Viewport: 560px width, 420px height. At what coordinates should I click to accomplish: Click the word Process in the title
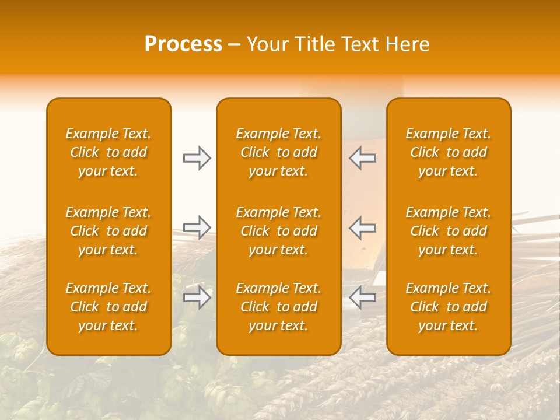(x=183, y=44)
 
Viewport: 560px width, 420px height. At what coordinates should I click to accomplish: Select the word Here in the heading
(x=407, y=44)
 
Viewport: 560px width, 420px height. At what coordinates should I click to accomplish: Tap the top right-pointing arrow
(x=197, y=158)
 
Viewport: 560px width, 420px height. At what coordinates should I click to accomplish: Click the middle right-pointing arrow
(x=197, y=227)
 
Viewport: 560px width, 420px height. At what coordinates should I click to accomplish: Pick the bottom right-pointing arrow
(x=197, y=297)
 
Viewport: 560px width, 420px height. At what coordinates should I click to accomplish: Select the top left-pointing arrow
(x=362, y=158)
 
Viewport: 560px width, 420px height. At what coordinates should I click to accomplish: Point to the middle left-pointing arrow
(x=362, y=227)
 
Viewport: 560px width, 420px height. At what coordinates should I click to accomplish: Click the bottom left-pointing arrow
(x=362, y=297)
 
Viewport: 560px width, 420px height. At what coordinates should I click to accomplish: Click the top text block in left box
(x=108, y=152)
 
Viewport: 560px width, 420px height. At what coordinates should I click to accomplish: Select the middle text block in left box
(x=108, y=231)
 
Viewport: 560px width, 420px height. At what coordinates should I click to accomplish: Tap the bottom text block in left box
(x=108, y=307)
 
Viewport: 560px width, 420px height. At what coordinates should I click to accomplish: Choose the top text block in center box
(x=278, y=152)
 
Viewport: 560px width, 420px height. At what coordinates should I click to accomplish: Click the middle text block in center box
(x=278, y=231)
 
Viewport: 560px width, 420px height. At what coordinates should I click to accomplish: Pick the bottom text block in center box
(x=278, y=307)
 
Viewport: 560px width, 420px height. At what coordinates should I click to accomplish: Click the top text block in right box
(x=448, y=152)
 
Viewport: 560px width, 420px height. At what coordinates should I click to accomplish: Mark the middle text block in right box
(x=448, y=231)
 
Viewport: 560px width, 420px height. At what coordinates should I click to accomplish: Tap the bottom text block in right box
(x=448, y=307)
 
